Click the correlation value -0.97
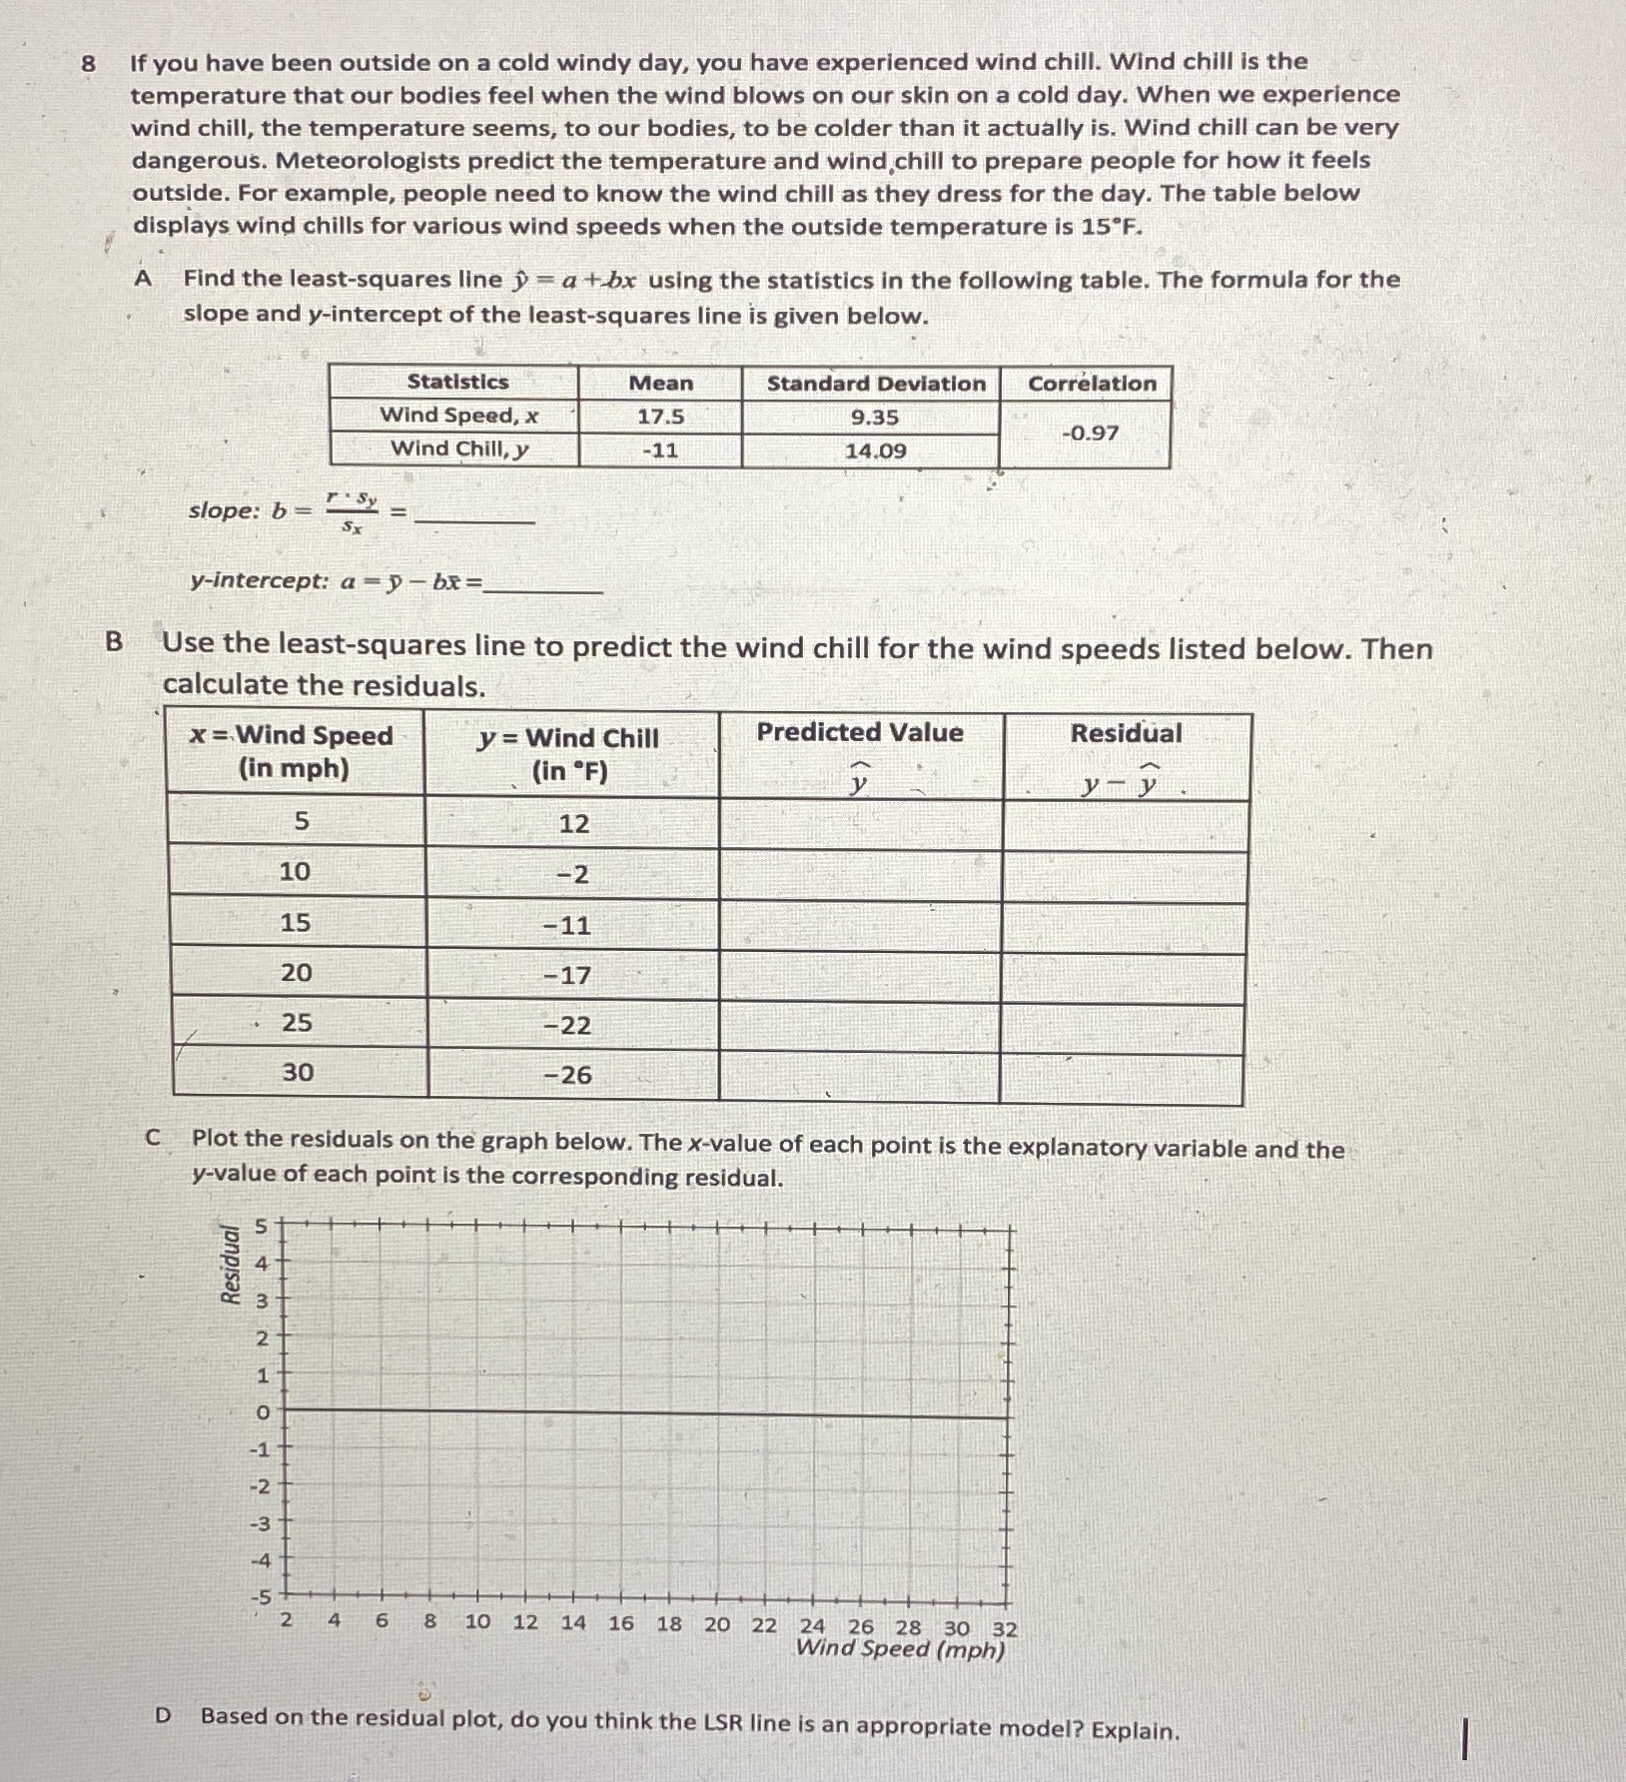point(1090,434)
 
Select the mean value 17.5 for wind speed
point(660,417)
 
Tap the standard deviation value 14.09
point(875,450)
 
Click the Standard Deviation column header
point(875,384)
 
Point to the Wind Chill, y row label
point(458,448)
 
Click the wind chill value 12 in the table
point(573,824)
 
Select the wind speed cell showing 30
point(297,1073)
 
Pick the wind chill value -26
point(567,1076)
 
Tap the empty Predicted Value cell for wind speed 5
point(860,825)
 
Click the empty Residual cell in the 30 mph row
point(1121,1079)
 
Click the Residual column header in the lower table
point(1126,733)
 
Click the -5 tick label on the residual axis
point(260,1597)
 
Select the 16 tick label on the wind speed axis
point(620,1623)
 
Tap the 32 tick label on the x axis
point(1005,1629)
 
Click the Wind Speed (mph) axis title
point(899,1649)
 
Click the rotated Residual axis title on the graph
point(231,1264)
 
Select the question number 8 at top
point(89,64)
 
